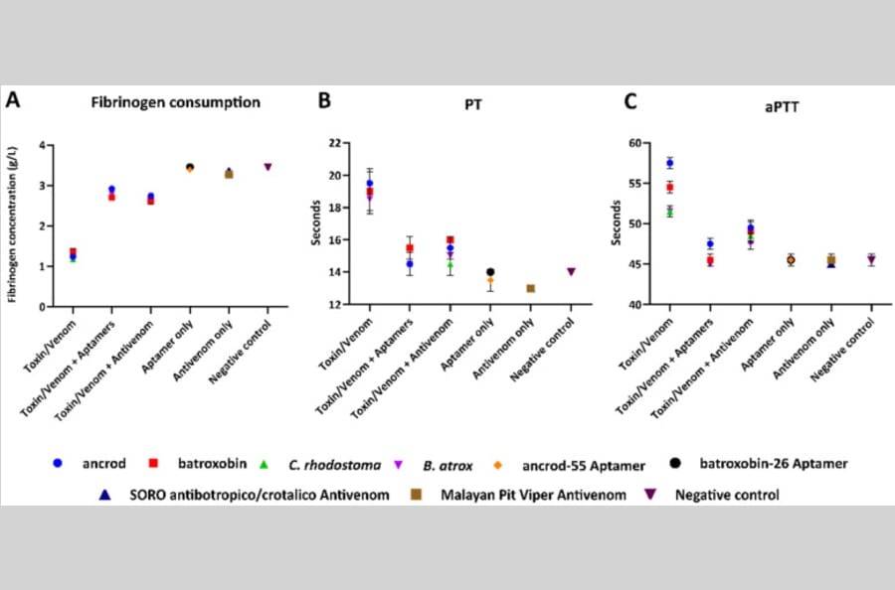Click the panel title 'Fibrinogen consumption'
(x=176, y=102)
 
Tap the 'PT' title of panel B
(x=473, y=105)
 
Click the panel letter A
(x=13, y=100)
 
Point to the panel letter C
(x=630, y=101)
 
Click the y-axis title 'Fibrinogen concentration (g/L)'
(x=13, y=224)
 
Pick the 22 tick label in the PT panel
(x=336, y=143)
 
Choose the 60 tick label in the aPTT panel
(x=635, y=143)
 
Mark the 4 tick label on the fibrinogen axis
(x=42, y=146)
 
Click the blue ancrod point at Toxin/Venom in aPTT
(x=670, y=164)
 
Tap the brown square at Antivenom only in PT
(x=531, y=288)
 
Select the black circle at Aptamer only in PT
(x=490, y=272)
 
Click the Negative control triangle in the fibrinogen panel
(x=268, y=167)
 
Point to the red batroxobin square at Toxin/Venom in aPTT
(x=670, y=187)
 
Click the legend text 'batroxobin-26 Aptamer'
(x=774, y=464)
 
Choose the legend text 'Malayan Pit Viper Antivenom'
(x=533, y=496)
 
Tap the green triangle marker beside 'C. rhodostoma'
(x=264, y=465)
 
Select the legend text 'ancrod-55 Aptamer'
(x=584, y=466)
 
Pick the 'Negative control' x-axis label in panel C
(x=842, y=350)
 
